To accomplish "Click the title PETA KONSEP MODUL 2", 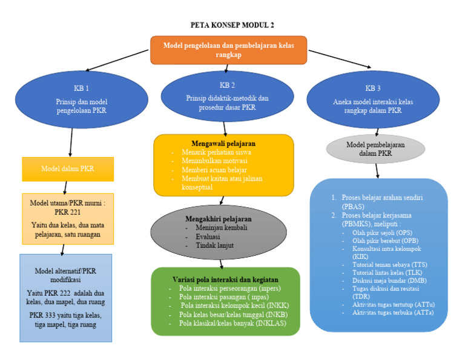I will pyautogui.click(x=232, y=25).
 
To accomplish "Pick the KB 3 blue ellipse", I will pyautogui.click(x=373, y=99).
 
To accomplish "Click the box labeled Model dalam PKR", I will pyautogui.click(x=67, y=168).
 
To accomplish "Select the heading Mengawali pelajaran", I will pyautogui.click(x=223, y=143).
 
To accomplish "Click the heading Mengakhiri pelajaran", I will pyautogui.click(x=218, y=219).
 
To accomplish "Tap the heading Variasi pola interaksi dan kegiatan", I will pyautogui.click(x=224, y=278).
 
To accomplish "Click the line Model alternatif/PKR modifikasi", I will pyautogui.click(x=66, y=275).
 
